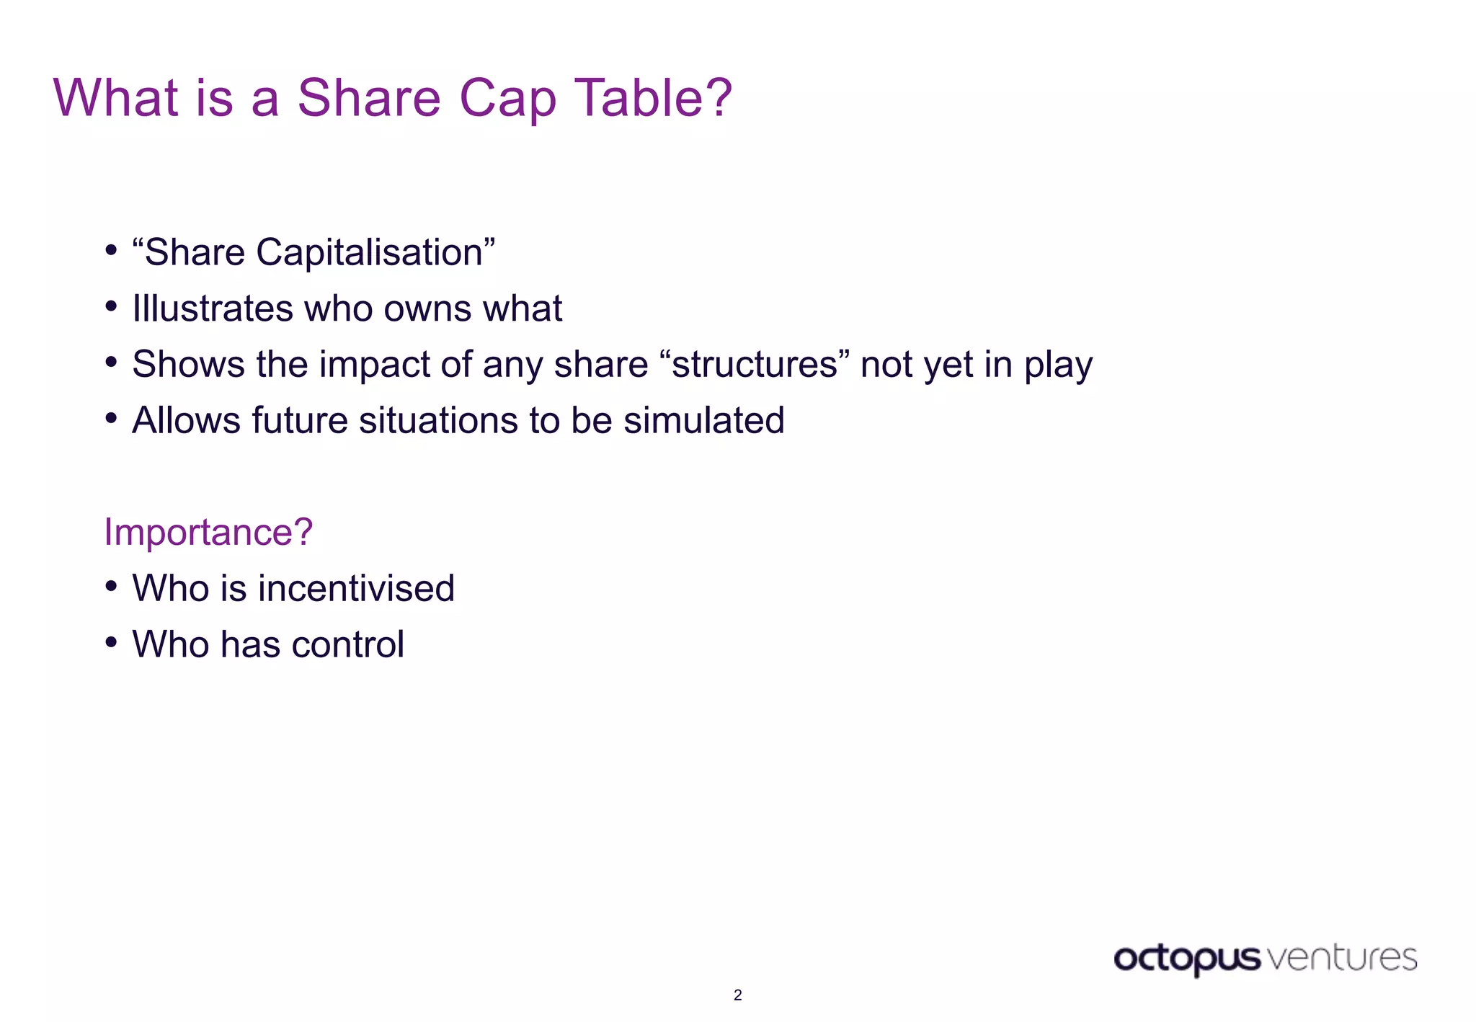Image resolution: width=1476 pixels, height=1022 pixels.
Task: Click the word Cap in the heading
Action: (x=507, y=99)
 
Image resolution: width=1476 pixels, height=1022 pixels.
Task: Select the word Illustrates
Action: (x=213, y=308)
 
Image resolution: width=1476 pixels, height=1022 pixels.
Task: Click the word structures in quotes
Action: (x=755, y=365)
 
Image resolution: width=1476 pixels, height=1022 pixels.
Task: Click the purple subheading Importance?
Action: (x=208, y=532)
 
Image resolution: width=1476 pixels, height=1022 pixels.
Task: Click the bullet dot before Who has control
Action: (x=111, y=641)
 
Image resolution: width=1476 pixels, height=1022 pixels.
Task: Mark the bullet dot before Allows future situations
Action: (x=111, y=417)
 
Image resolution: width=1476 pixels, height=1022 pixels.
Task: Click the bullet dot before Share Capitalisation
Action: (x=111, y=250)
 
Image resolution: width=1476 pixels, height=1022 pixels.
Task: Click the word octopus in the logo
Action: (x=1186, y=959)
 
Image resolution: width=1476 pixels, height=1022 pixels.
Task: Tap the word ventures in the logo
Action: (x=1341, y=958)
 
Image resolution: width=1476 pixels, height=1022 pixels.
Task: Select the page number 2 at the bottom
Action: (x=737, y=995)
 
